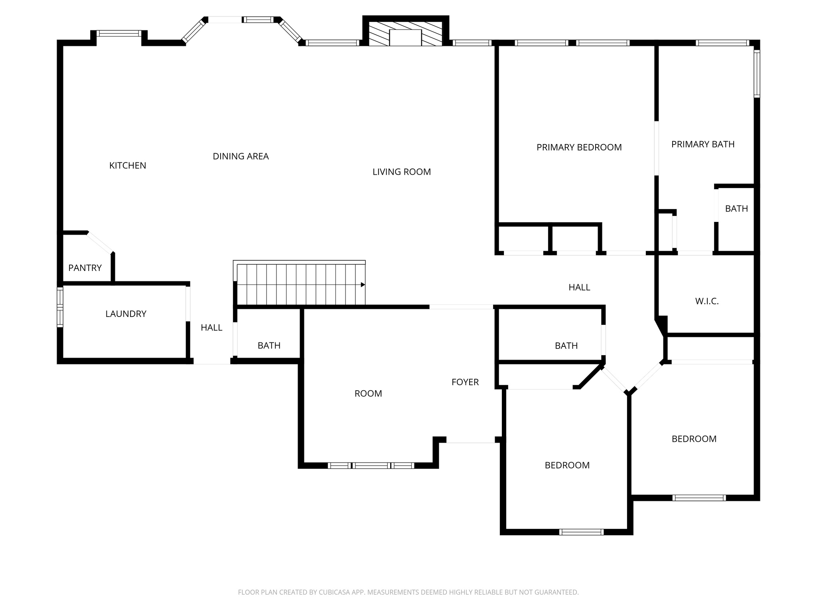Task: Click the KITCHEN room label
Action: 128,166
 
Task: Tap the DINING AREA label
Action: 241,156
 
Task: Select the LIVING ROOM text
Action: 401,172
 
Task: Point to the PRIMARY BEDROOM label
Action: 579,148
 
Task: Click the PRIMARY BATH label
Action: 703,144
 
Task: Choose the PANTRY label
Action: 85,268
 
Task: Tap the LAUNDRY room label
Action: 126,314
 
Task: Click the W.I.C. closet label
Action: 706,302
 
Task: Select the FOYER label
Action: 465,382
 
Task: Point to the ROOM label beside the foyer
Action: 368,394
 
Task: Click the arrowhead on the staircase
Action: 363,285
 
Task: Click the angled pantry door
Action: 100,242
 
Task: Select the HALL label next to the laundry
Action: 211,328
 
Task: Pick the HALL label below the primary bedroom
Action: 579,287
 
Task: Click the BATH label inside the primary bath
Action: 736,209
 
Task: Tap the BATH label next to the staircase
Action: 269,346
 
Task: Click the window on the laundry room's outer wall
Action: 60,307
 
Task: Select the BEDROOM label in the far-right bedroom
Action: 694,439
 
